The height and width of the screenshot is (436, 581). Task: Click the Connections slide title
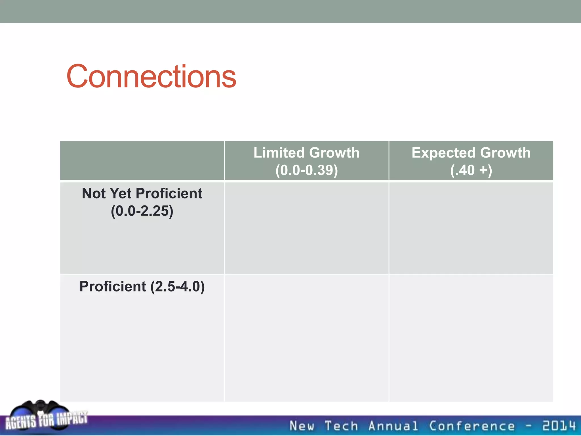click(151, 77)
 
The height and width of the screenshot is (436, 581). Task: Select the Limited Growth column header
click(306, 153)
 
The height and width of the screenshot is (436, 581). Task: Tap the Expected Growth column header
click(471, 153)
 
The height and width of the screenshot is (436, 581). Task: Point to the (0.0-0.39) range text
click(306, 170)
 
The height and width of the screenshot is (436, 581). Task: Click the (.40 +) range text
click(471, 170)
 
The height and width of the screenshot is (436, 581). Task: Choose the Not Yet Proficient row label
click(142, 194)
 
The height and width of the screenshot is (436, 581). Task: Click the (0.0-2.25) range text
click(142, 211)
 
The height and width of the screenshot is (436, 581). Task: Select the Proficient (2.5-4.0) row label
click(142, 286)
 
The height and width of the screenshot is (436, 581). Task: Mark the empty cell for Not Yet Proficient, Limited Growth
click(306, 228)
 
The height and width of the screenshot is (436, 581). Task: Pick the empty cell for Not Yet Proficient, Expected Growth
click(471, 228)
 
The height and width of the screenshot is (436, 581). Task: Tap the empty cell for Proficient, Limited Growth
click(306, 338)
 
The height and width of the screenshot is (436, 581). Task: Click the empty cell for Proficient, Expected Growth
click(471, 338)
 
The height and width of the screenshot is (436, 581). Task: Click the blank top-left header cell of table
click(142, 160)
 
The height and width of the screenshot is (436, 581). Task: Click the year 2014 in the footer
click(559, 426)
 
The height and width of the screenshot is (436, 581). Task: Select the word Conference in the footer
click(471, 426)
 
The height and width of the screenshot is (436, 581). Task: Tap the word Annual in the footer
click(393, 426)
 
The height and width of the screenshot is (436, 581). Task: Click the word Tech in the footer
click(341, 426)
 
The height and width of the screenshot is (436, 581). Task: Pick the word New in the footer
click(302, 426)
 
